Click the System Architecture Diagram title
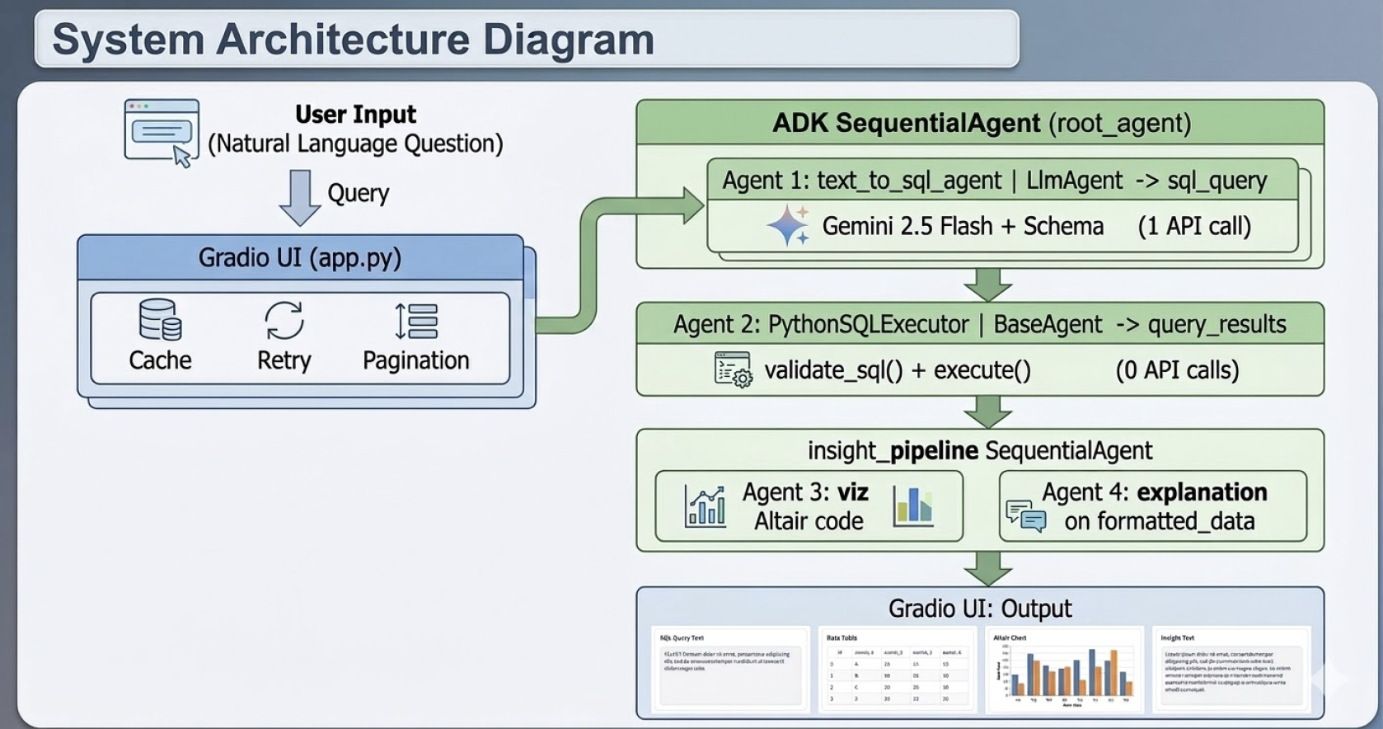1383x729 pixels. pos(353,40)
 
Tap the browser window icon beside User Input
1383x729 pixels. pos(162,132)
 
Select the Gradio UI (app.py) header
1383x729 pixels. pos(300,258)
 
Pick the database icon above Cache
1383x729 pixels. pos(160,320)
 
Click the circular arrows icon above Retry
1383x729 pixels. pos(284,321)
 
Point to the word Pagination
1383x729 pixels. pos(416,360)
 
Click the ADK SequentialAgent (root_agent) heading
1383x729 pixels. pos(981,123)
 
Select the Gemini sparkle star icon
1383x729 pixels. pos(788,225)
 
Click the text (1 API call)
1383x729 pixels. pos(1194,226)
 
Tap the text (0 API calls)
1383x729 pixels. pos(1177,370)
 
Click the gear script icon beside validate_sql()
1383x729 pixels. pos(733,370)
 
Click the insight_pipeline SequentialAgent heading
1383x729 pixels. pos(979,450)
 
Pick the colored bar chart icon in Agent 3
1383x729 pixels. pos(913,506)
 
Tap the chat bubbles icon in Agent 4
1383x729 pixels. pos(1025,515)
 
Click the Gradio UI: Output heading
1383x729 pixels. pos(979,609)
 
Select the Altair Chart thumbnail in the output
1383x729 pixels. pos(1064,670)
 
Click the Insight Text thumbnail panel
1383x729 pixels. pos(1231,670)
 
